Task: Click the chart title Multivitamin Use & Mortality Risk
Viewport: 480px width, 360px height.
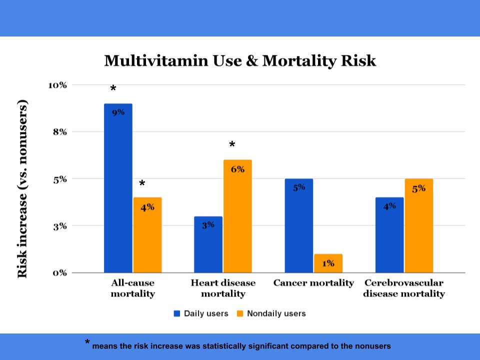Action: click(x=240, y=61)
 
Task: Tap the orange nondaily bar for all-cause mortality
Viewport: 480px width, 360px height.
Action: click(x=147, y=235)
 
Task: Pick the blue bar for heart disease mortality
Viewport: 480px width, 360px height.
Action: click(x=208, y=244)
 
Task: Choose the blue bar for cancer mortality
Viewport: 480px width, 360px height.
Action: click(x=299, y=225)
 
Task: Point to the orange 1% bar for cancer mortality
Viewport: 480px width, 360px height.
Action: click(x=328, y=263)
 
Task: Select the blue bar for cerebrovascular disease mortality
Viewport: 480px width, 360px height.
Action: click(x=389, y=235)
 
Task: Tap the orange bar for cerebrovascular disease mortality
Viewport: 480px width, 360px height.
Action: click(x=419, y=225)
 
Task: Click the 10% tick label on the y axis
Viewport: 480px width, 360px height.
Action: click(x=57, y=85)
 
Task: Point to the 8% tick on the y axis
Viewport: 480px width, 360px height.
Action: click(x=60, y=132)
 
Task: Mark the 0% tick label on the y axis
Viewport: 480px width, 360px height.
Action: click(x=60, y=273)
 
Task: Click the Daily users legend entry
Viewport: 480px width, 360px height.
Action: click(x=201, y=313)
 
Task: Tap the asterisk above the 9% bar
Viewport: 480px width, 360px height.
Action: click(x=113, y=89)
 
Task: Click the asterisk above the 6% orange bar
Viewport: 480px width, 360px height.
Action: click(x=232, y=145)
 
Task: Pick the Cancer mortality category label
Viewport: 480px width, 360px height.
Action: click(x=313, y=283)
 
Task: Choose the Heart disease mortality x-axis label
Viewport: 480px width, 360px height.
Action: click(x=223, y=288)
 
